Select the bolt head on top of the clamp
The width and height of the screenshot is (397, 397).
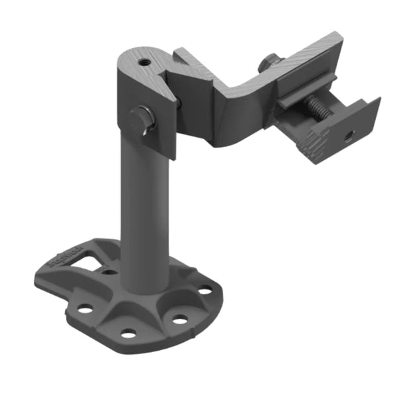coord(268,62)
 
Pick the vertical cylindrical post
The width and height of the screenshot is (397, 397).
coord(140,212)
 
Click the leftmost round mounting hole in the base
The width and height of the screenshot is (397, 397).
coord(85,308)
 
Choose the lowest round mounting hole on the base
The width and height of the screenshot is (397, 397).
coord(128,333)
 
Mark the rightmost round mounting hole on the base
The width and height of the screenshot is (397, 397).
coord(206,290)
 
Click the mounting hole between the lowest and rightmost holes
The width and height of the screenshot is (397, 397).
coord(179,320)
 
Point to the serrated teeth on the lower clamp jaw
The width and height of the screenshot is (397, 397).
coord(311,140)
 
